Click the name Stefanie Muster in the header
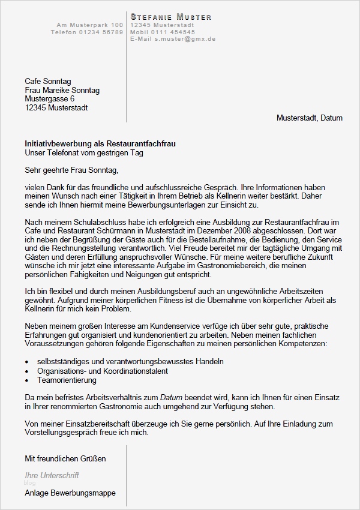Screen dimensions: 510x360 [171, 17]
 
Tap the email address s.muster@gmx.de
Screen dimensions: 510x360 [184, 38]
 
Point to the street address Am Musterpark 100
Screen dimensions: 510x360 [90, 25]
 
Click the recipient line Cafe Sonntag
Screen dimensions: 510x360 [47, 81]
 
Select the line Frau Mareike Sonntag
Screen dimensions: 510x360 [62, 90]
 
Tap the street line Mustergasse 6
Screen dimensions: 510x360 [50, 99]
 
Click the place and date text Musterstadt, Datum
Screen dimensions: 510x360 [309, 118]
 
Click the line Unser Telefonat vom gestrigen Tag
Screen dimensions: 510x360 [84, 153]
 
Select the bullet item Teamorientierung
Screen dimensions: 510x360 [67, 380]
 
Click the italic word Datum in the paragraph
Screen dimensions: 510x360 [172, 397]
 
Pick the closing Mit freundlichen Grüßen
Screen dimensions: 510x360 [65, 458]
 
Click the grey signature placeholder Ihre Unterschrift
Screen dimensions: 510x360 [52, 475]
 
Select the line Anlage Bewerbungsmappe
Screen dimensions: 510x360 [70, 493]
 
